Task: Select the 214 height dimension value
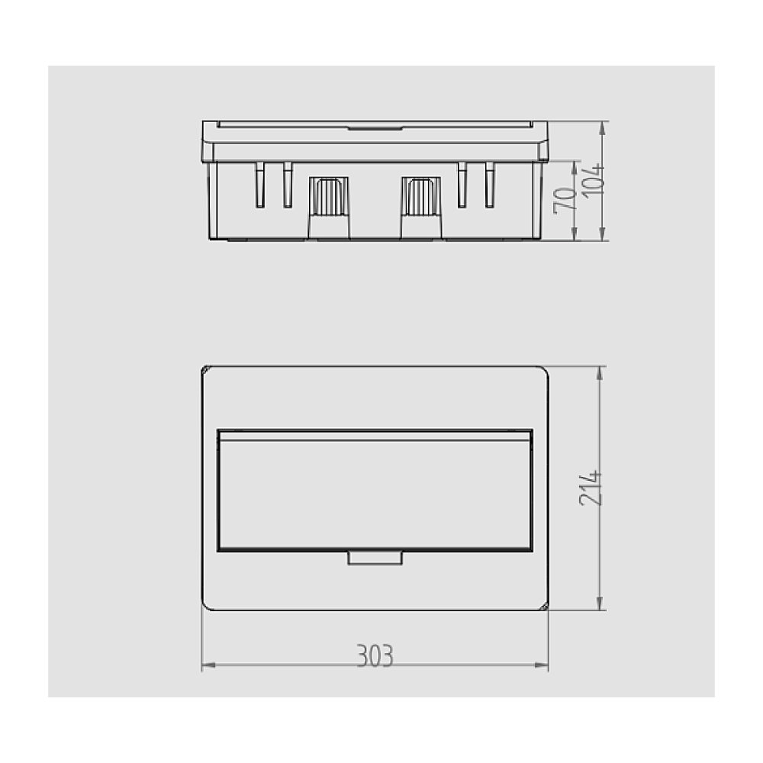coord(591,488)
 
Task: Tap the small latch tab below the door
coord(375,559)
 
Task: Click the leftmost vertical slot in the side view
coord(259,185)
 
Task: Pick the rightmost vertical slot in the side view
coord(490,185)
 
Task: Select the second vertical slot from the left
coord(288,185)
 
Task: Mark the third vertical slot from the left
coord(462,185)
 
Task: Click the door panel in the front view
coord(375,492)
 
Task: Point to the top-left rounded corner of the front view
coord(206,371)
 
